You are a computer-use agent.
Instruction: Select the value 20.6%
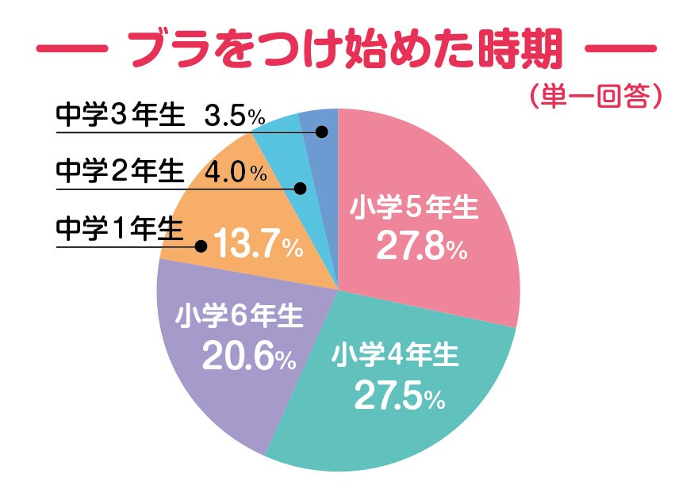[248, 357]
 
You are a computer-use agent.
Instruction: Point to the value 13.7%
[259, 246]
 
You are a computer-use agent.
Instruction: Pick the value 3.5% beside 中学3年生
[233, 116]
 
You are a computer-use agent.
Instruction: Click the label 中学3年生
[119, 116]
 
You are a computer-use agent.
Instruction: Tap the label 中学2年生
[119, 172]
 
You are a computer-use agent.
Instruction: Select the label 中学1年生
[119, 229]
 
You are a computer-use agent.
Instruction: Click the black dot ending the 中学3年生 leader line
[321, 132]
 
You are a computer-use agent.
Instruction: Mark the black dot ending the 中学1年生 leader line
[201, 246]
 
